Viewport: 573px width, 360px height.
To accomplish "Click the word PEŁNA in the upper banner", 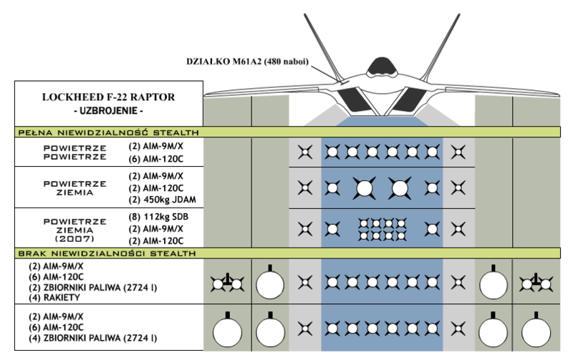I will pos(35,132).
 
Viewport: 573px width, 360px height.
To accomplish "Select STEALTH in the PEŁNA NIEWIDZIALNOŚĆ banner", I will pos(173,132).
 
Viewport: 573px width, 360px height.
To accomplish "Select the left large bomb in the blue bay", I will pos(364,188).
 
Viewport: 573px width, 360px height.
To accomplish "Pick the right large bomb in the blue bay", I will pos(399,188).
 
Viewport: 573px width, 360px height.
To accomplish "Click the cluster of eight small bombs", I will pos(381,229).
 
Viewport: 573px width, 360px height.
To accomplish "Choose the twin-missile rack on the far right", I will pos(536,284).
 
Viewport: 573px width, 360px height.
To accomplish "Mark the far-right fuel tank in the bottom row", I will pos(536,333).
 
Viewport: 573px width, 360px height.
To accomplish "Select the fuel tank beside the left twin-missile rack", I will pos(270,284).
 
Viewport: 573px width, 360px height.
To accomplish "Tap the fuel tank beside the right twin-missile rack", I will pos(493,284).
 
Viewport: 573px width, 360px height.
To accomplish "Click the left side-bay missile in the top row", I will pos(305,152).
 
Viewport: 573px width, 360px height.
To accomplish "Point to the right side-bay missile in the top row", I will pos(458,152).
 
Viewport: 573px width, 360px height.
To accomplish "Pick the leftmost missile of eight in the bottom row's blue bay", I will pos(332,329).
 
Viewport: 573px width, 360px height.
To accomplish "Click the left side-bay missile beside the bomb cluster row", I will pos(305,229).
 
